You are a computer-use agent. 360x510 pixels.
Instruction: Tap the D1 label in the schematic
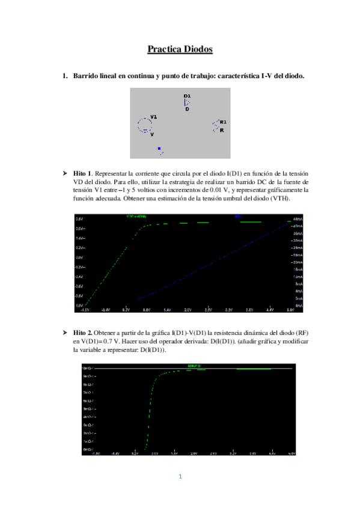point(187,96)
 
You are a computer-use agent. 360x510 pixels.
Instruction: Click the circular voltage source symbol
point(144,124)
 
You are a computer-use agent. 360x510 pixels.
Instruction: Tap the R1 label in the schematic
point(223,121)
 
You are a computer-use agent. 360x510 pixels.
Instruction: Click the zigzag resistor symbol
point(215,125)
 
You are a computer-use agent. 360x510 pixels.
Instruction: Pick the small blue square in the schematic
point(159,148)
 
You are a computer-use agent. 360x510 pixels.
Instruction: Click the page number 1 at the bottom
point(180,477)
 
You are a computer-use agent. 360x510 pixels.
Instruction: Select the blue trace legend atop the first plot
point(237,216)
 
